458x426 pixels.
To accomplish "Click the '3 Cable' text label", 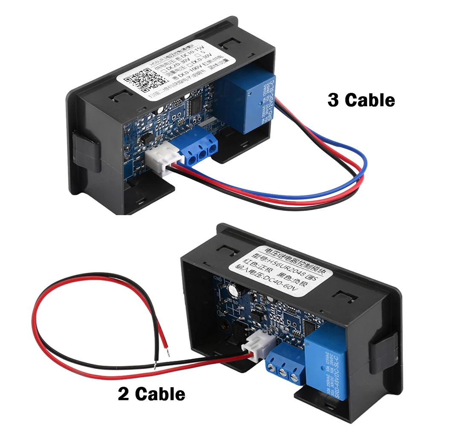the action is click(x=361, y=100).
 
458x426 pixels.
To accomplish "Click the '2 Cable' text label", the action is click(x=152, y=393).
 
